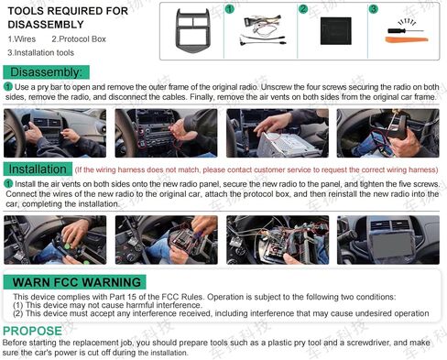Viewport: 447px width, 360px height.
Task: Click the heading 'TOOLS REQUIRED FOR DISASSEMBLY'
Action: click(x=67, y=18)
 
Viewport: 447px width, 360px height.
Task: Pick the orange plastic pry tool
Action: click(x=404, y=36)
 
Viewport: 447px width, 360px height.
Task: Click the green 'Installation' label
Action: click(x=38, y=169)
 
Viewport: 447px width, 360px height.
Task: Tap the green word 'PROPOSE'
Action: click(x=32, y=331)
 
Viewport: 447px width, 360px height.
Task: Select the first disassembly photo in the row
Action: click(x=54, y=134)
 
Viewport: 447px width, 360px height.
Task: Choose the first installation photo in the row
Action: click(x=54, y=240)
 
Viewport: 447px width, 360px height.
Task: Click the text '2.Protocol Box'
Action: click(x=79, y=39)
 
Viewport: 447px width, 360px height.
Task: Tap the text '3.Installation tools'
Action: click(x=41, y=53)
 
